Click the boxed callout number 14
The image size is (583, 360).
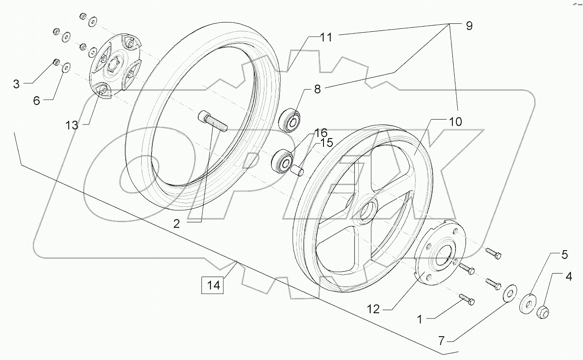pyautogui.click(x=213, y=285)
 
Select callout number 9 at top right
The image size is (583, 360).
pyautogui.click(x=468, y=26)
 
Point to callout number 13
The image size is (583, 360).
pyautogui.click(x=72, y=125)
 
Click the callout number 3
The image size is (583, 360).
pyautogui.click(x=16, y=84)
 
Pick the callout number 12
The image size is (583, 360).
pyautogui.click(x=373, y=309)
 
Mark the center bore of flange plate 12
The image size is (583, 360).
pyautogui.click(x=442, y=258)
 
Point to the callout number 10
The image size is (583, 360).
pyautogui.click(x=456, y=121)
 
